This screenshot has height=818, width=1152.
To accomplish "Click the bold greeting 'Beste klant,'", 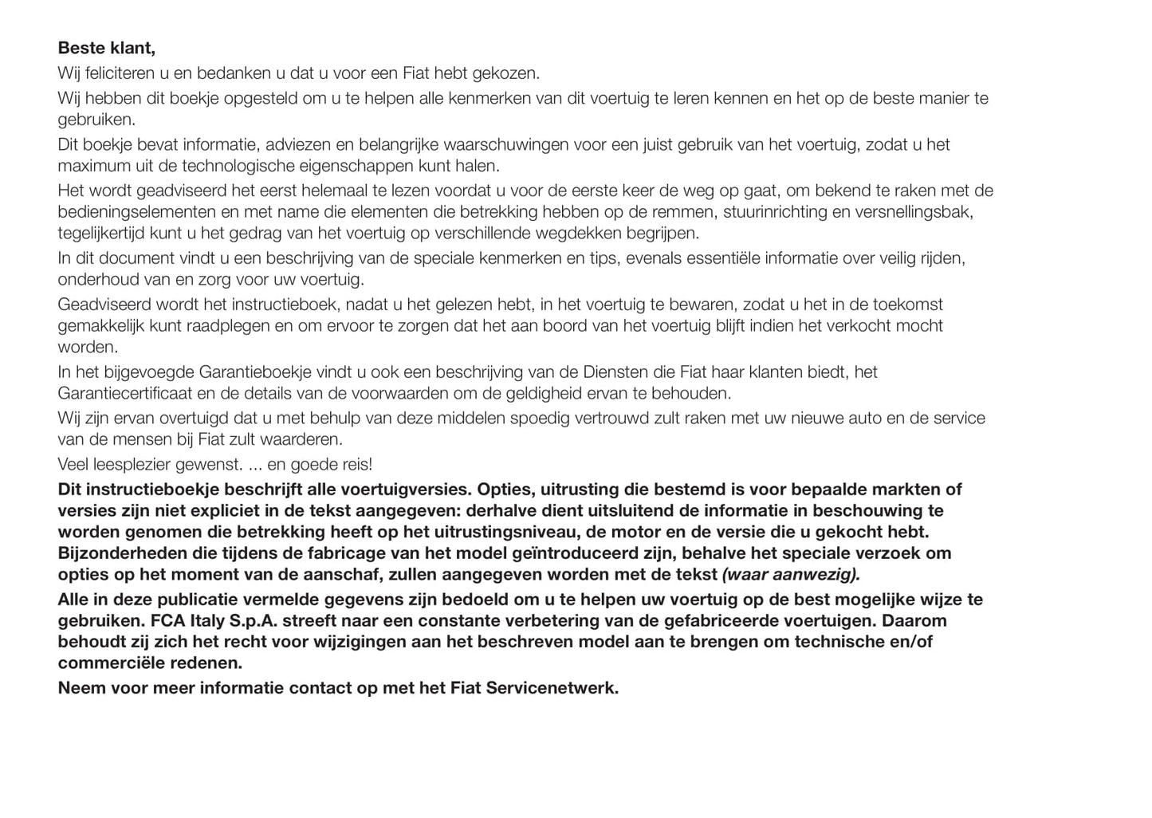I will tap(106, 49).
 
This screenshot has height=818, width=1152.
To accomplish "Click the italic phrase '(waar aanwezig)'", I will tap(790, 575).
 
